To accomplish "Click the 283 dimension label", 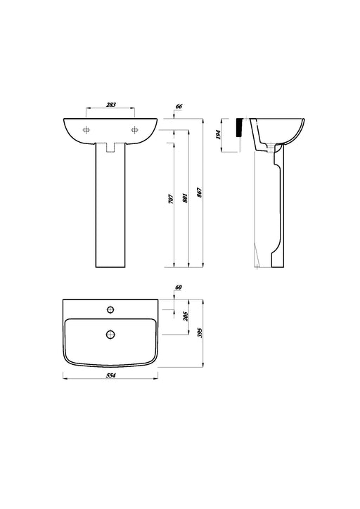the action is click(110, 105).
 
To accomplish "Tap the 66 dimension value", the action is click(179, 106).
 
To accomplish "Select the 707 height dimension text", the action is click(172, 199).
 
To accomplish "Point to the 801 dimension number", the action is click(186, 198).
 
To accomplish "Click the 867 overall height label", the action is click(200, 193).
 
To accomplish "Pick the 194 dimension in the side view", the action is click(218, 135).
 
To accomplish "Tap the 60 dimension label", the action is click(178, 287).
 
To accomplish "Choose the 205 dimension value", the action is click(186, 316).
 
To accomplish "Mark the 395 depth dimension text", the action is click(200, 333).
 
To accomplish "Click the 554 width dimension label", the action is click(110, 375).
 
